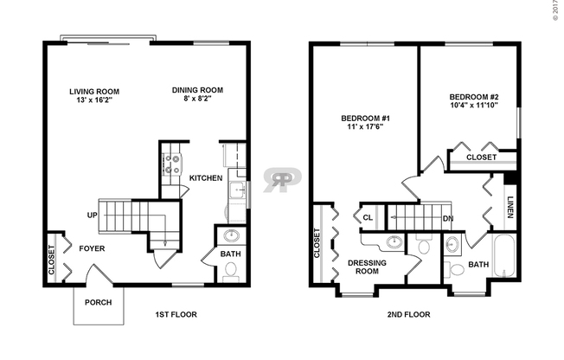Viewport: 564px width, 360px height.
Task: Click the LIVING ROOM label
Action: click(95, 91)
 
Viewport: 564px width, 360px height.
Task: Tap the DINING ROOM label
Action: click(199, 89)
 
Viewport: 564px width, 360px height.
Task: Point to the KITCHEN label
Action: click(206, 178)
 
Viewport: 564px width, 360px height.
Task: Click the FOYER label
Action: click(93, 247)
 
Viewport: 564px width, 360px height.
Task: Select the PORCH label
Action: click(97, 303)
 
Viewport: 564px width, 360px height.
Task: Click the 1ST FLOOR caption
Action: click(172, 314)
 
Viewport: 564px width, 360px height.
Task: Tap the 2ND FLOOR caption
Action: click(408, 314)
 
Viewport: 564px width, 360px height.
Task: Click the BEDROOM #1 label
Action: click(366, 118)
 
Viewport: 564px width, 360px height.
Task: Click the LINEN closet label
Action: click(510, 207)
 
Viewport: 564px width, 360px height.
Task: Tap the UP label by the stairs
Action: click(92, 215)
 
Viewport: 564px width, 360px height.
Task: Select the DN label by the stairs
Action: click(448, 219)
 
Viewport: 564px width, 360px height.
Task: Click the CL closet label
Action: click(369, 218)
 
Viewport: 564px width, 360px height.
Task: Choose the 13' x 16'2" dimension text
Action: click(95, 100)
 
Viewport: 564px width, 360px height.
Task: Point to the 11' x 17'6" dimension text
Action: click(366, 128)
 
